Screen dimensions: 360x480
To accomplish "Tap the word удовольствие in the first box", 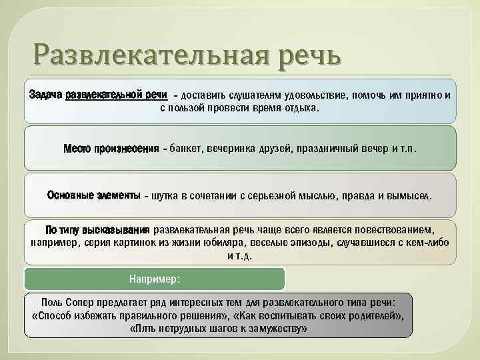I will point(311,95).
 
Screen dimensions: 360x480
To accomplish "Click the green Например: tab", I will point(155,278).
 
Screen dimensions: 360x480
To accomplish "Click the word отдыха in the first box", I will point(303,108).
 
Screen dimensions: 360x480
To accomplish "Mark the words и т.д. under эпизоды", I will point(240,255).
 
